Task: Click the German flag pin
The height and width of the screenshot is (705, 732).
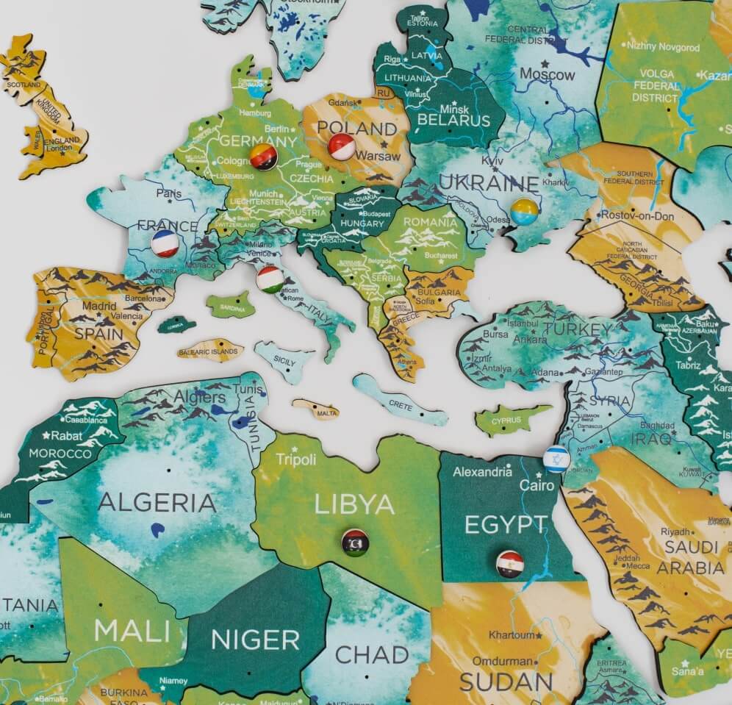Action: tap(263, 157)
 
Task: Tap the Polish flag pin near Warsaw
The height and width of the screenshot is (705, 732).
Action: tap(342, 147)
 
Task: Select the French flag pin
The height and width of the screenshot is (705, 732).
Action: tap(165, 243)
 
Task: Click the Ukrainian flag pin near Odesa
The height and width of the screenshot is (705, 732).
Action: tap(524, 212)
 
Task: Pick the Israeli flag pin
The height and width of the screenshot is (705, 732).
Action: tap(556, 459)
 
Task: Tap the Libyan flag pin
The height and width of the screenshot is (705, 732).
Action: tap(355, 543)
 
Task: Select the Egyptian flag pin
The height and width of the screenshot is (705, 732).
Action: tap(509, 564)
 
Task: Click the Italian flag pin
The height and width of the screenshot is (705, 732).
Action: tap(270, 279)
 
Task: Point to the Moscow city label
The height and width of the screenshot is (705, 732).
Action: tap(548, 74)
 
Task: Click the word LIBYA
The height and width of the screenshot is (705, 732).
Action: tap(355, 504)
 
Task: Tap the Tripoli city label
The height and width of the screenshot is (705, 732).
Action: tap(295, 459)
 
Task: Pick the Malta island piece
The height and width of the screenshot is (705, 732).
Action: tap(317, 410)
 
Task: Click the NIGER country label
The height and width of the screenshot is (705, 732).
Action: tap(255, 640)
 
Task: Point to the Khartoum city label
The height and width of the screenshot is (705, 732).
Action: tap(512, 634)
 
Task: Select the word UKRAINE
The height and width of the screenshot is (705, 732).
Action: tap(489, 185)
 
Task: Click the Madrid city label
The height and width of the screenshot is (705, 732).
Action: tap(98, 306)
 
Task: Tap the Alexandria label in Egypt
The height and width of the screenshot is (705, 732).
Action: tap(482, 472)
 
